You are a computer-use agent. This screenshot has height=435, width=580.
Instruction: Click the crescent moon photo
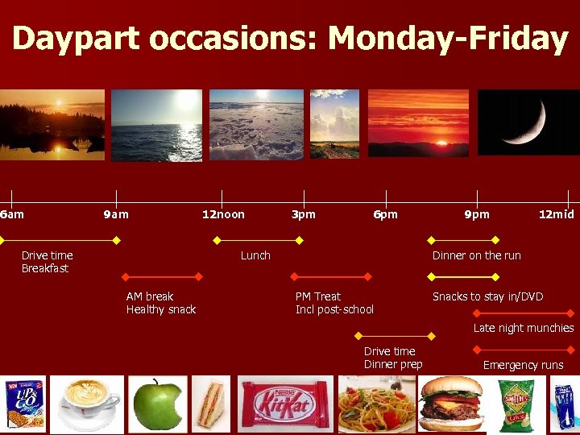pyautogui.click(x=528, y=122)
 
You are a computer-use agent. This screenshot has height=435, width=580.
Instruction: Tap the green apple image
pyautogui.click(x=158, y=404)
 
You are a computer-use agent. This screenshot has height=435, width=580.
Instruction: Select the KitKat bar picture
pyautogui.click(x=283, y=404)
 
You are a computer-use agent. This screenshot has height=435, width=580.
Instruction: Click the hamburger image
pyautogui.click(x=452, y=404)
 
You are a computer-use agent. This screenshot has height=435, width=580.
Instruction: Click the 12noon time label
pyautogui.click(x=223, y=214)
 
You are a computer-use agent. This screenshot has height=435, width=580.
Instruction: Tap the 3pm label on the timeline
pyautogui.click(x=303, y=214)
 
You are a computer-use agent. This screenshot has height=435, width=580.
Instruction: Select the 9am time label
pyautogui.click(x=116, y=214)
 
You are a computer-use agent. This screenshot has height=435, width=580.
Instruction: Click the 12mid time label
pyautogui.click(x=557, y=214)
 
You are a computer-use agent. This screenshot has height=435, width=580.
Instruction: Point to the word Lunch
pyautogui.click(x=255, y=255)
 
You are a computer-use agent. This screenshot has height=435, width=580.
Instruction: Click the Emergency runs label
pyautogui.click(x=523, y=365)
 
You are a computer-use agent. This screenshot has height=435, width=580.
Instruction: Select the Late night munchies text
pyautogui.click(x=523, y=328)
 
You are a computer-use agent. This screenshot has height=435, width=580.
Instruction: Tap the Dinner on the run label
pyautogui.click(x=476, y=255)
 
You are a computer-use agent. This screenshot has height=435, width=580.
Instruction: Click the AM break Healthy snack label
pyautogui.click(x=160, y=303)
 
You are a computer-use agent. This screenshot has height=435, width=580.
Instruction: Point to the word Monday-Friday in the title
pyautogui.click(x=448, y=39)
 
